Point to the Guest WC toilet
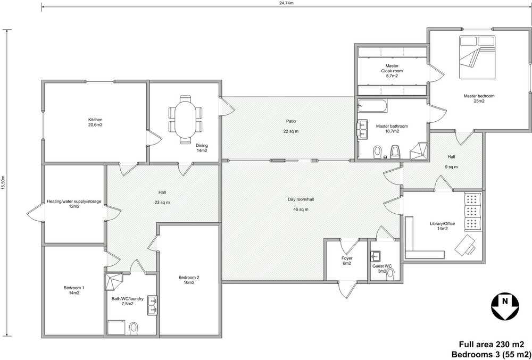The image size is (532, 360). point(392,273)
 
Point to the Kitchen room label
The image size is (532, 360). point(95,122)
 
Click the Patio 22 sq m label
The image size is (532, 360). point(290,126)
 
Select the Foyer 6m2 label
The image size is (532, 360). point(347,261)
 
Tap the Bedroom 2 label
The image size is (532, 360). point(188,280)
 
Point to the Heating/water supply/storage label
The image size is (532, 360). point(74,204)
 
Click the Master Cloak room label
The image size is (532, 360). point(392,71)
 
